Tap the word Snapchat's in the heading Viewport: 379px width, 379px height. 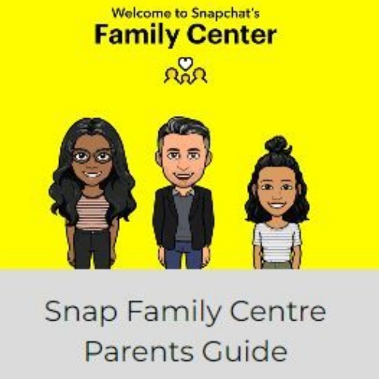[x=225, y=14]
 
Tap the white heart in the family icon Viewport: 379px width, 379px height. [x=186, y=63]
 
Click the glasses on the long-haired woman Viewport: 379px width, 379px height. [x=92, y=157]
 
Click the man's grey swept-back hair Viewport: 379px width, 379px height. [x=183, y=130]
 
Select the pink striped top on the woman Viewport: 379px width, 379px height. [x=92, y=211]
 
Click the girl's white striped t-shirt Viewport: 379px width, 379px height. [x=277, y=241]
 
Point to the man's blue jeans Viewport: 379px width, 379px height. [x=183, y=255]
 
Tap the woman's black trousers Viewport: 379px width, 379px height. [x=92, y=249]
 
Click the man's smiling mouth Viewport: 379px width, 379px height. [x=183, y=175]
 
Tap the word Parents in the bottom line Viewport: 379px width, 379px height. [x=139, y=352]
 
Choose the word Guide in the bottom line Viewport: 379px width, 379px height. [x=245, y=351]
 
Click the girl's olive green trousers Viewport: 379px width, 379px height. [x=277, y=265]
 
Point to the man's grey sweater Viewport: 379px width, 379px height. [x=183, y=218]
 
